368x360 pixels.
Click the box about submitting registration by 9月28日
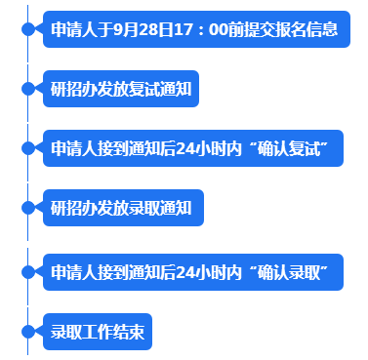(x=195, y=29)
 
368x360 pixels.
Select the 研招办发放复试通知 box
(x=121, y=89)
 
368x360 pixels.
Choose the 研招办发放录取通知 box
(x=121, y=208)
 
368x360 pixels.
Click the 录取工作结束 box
(x=98, y=332)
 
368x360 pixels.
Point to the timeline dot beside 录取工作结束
(x=27, y=332)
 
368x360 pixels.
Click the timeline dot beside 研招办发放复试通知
(x=27, y=89)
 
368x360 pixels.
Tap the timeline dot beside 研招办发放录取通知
(x=27, y=208)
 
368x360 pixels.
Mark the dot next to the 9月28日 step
(x=27, y=29)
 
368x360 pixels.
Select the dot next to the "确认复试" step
(x=27, y=148)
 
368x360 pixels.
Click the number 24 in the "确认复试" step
(x=188, y=148)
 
